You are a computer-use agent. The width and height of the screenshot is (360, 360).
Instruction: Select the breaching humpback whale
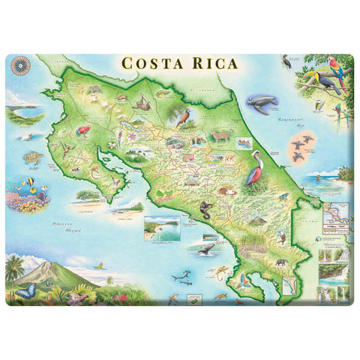click(203, 247)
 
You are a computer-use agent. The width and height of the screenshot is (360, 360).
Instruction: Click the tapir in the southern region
click(279, 263)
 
